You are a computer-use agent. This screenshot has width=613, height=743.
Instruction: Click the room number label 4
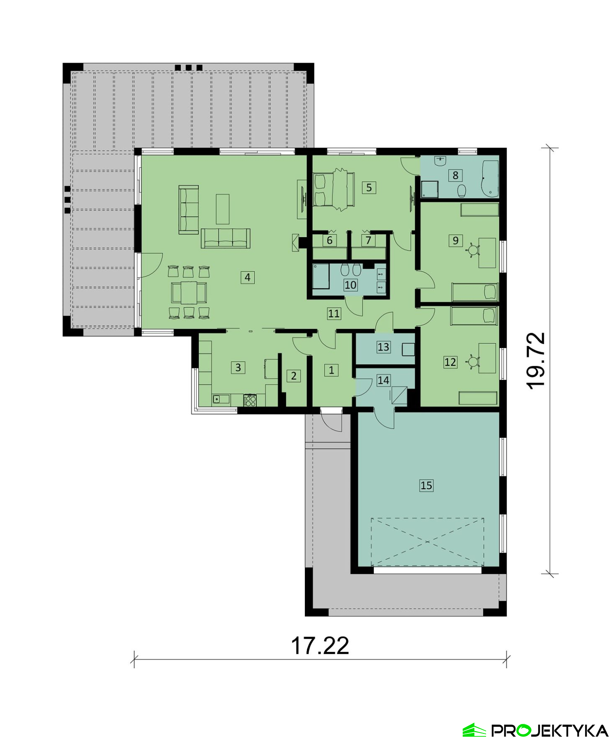coord(248,277)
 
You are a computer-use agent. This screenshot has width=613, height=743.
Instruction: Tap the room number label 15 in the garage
coord(426,485)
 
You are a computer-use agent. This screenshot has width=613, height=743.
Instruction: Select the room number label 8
coord(455,175)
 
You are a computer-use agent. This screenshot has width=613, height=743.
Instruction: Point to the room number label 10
coord(350,285)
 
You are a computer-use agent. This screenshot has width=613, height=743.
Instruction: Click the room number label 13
coord(383,347)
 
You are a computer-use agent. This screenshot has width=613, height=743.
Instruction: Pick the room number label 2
coord(294,376)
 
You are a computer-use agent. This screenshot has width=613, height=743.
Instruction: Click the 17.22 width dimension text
coord(320,646)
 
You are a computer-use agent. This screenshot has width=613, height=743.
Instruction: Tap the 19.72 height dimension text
coord(536,361)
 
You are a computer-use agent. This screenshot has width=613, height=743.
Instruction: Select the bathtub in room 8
coord(490,179)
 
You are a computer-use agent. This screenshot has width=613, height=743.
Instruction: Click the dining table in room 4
coord(189,293)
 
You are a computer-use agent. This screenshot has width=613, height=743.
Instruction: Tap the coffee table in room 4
coord(223,209)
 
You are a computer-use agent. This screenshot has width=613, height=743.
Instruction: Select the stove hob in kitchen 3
coord(250,400)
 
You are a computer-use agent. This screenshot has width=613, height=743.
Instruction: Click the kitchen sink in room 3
coord(221,399)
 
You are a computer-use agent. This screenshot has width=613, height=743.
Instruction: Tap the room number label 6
coord(329,240)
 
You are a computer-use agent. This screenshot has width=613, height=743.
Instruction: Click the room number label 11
coord(334,313)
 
